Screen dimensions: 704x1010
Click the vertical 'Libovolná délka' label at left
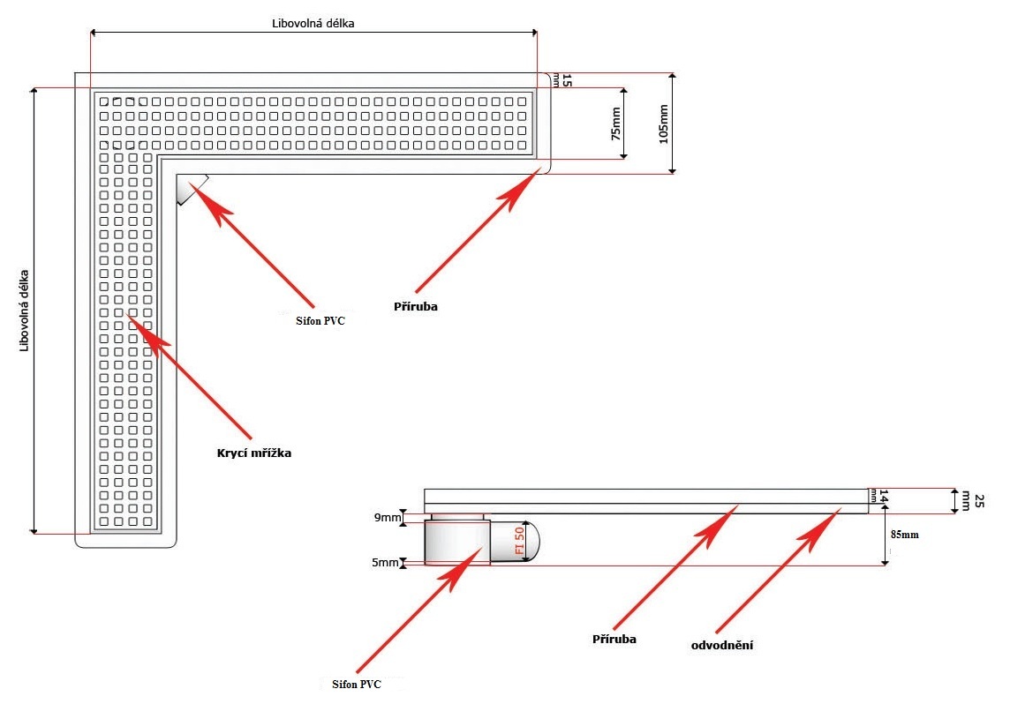point(25,311)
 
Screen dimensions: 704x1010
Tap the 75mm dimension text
point(615,124)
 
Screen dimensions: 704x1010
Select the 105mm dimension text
point(664,124)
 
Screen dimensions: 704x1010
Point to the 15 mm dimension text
point(565,80)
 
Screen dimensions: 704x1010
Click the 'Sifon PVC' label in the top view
point(320,322)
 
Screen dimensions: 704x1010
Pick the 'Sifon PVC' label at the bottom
point(356,684)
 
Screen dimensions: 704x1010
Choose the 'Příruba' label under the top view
point(416,307)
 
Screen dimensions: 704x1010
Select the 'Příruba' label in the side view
point(614,638)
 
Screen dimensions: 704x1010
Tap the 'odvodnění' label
point(721,645)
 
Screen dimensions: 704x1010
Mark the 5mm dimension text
point(387,562)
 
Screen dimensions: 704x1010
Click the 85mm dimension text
point(906,534)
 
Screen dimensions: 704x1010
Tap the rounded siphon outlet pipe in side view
point(514,540)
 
